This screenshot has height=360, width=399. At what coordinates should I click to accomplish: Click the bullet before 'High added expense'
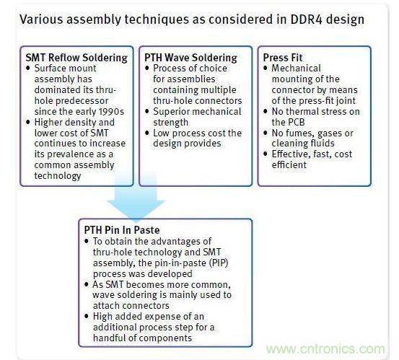click(87, 317)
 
